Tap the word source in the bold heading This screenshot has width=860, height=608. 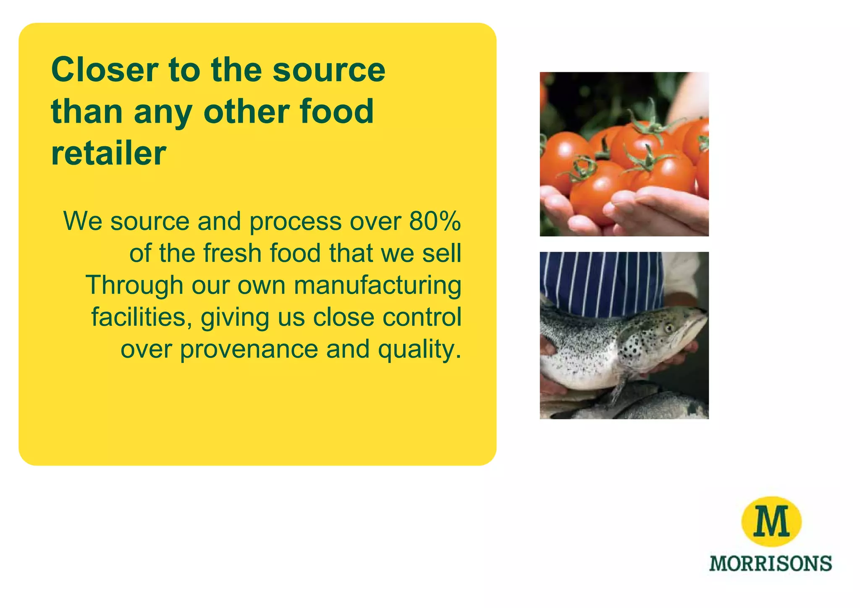coord(329,70)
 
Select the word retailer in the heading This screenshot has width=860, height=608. coord(109,153)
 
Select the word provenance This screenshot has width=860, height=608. coord(249,349)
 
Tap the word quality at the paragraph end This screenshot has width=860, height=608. coord(416,350)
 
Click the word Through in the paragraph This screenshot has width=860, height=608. coord(134,285)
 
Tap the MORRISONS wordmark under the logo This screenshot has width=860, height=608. coord(770,563)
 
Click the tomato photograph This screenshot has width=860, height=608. coord(624,154)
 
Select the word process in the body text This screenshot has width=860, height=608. coord(295,222)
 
